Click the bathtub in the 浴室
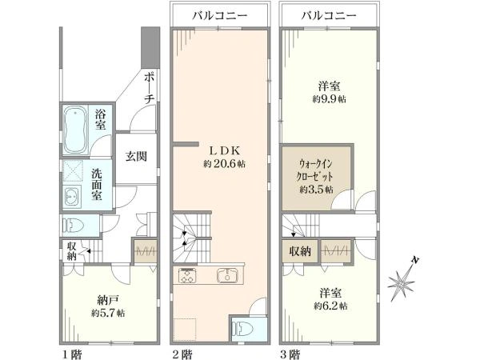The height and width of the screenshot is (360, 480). click(x=75, y=130)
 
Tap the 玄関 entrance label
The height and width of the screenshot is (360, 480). click(x=136, y=157)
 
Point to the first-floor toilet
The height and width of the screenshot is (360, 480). click(x=73, y=226)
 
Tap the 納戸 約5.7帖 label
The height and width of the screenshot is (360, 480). click(x=108, y=306)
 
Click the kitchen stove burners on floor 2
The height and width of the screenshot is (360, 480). click(x=187, y=275)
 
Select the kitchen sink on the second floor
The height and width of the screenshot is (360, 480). click(x=227, y=275)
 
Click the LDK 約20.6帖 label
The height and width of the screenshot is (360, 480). click(x=224, y=157)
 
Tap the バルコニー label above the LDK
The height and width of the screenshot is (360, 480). click(x=220, y=16)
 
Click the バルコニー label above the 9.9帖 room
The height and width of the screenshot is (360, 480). click(x=329, y=16)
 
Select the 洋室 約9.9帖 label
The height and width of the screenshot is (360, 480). click(x=330, y=92)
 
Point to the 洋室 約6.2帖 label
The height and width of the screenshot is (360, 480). click(x=330, y=298)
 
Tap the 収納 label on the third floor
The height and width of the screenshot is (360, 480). click(x=300, y=251)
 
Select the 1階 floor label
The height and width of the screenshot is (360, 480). click(x=72, y=354)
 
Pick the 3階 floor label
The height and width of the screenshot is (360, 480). click(x=290, y=354)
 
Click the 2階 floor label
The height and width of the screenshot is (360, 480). click(x=182, y=354)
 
